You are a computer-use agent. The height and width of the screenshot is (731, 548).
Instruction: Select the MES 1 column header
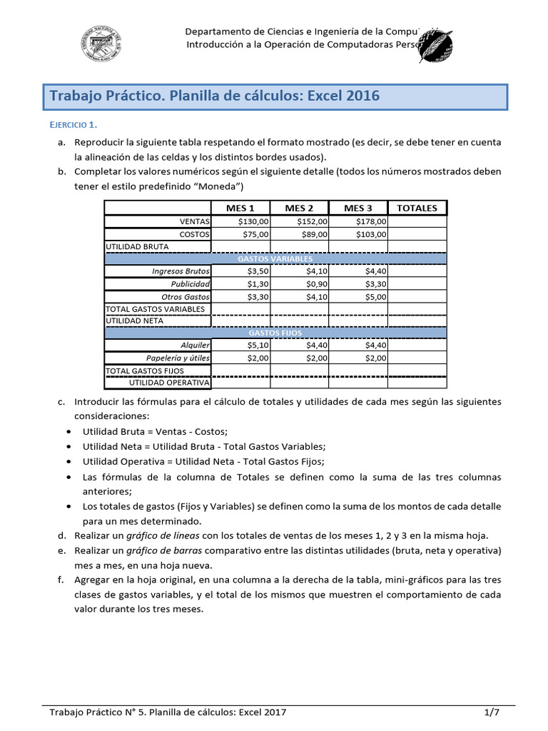pyautogui.click(x=240, y=208)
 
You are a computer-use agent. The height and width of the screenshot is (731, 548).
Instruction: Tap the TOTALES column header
pyautogui.click(x=417, y=208)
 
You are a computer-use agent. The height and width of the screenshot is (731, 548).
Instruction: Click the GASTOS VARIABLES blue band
pyautogui.click(x=275, y=258)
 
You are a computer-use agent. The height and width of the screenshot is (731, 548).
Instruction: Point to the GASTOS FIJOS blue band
pyautogui.click(x=275, y=333)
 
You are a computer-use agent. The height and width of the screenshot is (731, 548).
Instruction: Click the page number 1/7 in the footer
pyautogui.click(x=489, y=712)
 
